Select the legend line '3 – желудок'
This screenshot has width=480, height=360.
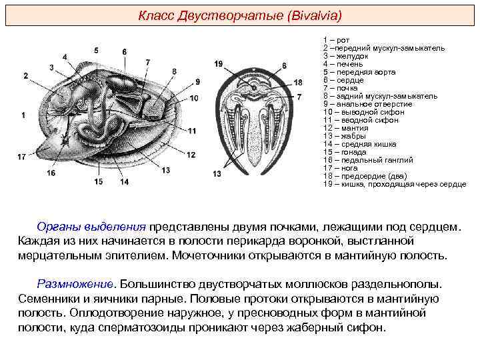pos(345,57)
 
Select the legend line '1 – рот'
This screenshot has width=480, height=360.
pos(336,41)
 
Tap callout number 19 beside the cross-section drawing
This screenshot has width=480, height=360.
pos(219,64)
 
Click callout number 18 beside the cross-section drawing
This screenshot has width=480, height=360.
pos(298,82)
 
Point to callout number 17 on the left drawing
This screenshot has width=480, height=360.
pos(22,157)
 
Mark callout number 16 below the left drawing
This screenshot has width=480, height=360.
pos(51,173)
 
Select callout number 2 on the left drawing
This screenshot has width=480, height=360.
pos(25,76)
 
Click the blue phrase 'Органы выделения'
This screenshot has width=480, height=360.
pos(92,227)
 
